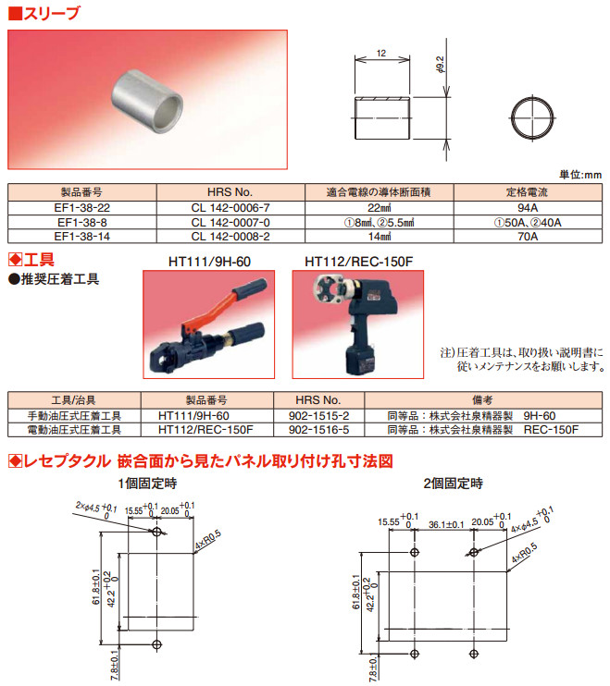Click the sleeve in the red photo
coord(147,102)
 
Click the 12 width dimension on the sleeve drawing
coord(381,54)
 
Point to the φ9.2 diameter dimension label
coord(441,65)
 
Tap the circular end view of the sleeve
coord(532,118)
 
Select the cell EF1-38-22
coord(81,208)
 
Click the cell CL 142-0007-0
coord(230,222)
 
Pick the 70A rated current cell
coord(528,237)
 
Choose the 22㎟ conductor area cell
coord(380,208)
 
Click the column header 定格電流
coord(528,192)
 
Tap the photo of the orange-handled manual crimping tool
coord(209,325)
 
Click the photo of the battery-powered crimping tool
coord(358,325)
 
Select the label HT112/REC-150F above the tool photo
coord(358,262)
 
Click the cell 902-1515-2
coord(318,416)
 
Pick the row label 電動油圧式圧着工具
coord(74,430)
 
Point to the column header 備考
coord(482,400)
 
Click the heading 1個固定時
coord(147,484)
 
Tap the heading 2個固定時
coord(454,484)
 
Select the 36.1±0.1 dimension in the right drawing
coord(446,524)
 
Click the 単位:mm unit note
coord(580,175)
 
